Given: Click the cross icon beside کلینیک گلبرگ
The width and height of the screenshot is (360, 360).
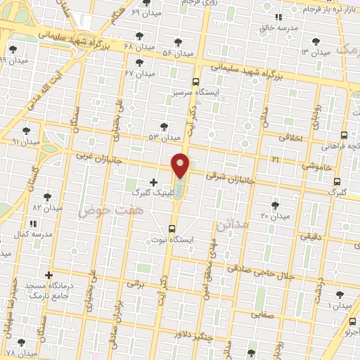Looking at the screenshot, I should (153, 182).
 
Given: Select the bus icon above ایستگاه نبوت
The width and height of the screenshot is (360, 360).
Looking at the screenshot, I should (172, 229).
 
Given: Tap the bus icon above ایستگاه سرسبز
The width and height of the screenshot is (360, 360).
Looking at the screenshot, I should (195, 81).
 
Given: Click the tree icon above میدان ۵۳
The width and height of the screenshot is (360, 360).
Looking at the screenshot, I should (164, 127).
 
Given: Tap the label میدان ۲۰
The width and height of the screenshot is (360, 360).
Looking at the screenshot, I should (275, 215).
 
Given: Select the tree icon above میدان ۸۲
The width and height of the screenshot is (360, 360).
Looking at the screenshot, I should (48, 198).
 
